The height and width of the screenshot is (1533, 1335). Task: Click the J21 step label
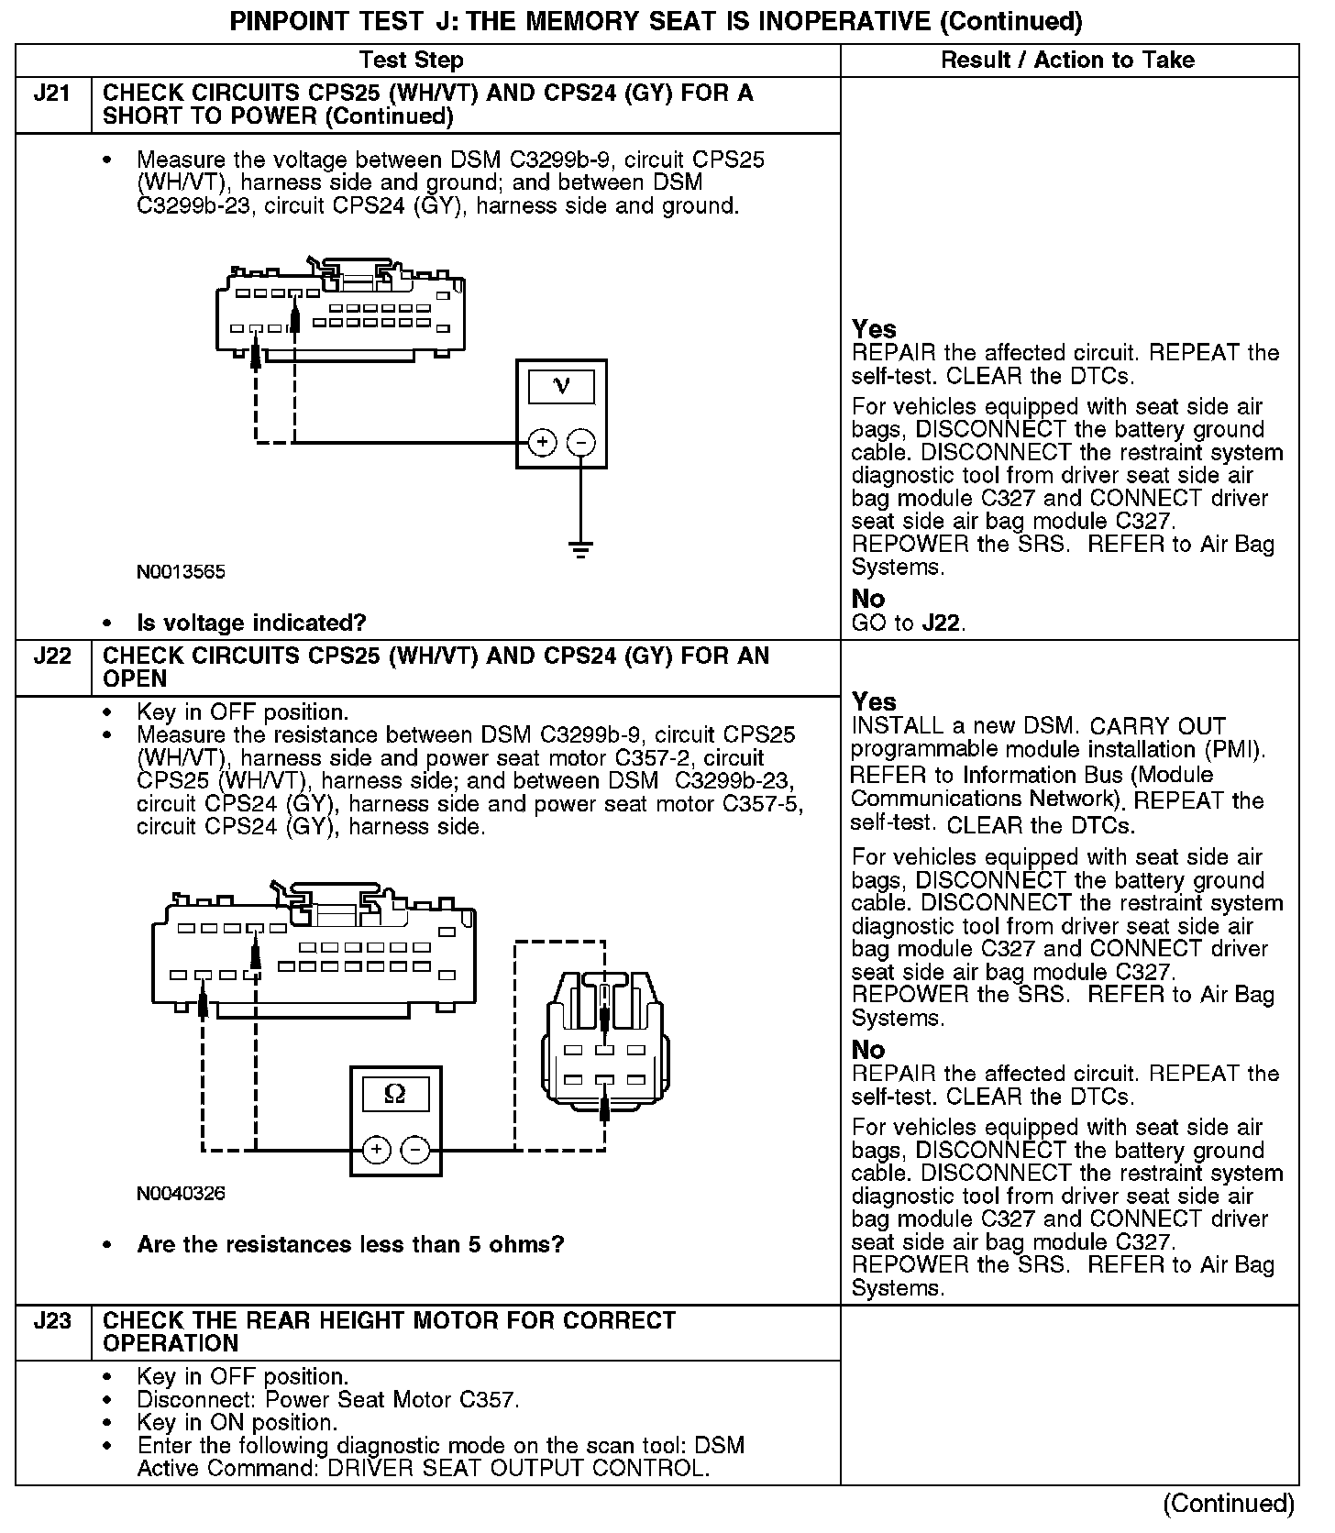point(52,94)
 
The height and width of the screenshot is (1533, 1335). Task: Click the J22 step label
point(52,656)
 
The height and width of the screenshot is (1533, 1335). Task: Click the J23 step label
point(52,1321)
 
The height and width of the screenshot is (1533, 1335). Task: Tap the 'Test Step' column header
point(411,61)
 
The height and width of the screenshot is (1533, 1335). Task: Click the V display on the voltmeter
point(561,387)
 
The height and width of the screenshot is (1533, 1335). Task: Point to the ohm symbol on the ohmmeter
point(395,1094)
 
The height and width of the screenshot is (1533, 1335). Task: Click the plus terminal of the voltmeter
point(543,443)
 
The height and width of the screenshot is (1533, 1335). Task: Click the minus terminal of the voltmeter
point(580,443)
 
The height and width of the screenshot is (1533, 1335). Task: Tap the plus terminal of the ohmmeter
point(377,1150)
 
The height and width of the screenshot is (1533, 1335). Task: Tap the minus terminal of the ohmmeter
point(415,1150)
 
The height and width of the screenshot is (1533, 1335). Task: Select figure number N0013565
point(181,572)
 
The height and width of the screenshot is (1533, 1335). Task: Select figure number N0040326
point(181,1194)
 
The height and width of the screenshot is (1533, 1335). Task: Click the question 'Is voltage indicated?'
point(251,623)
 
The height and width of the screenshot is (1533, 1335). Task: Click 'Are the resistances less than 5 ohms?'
point(350,1245)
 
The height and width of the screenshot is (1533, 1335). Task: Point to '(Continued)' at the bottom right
point(1228,1504)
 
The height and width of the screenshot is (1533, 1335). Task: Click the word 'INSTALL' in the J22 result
point(895,726)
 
